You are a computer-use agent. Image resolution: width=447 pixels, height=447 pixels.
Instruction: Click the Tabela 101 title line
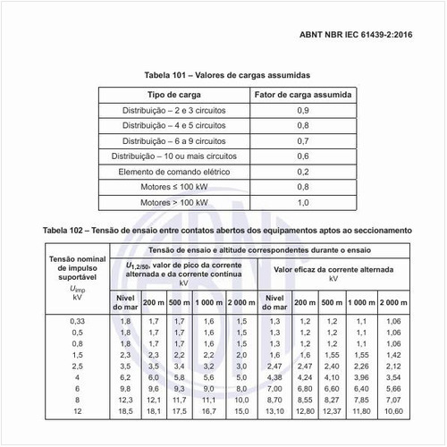(x=223, y=75)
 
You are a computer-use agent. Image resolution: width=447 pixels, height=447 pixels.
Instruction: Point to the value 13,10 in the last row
(x=275, y=410)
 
